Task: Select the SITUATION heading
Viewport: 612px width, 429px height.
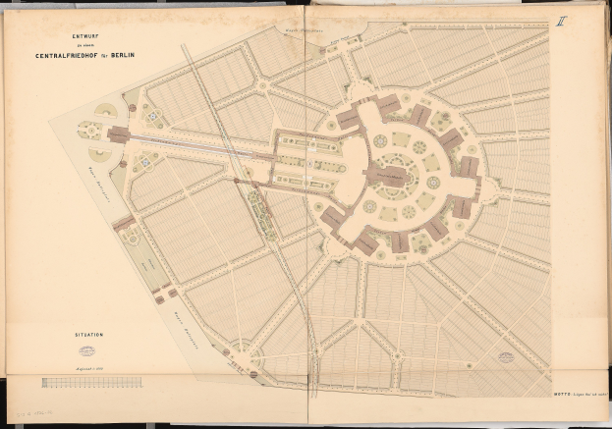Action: pos(87,335)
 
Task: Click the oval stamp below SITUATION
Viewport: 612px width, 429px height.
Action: pos(87,349)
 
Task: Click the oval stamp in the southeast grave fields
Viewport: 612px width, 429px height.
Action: pos(506,357)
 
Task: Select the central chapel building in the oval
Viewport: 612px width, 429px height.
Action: pos(390,177)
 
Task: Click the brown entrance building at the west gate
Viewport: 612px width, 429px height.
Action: pos(118,134)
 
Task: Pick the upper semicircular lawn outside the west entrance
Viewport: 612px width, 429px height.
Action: pos(103,110)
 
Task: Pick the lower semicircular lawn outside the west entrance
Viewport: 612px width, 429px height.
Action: pos(100,153)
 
